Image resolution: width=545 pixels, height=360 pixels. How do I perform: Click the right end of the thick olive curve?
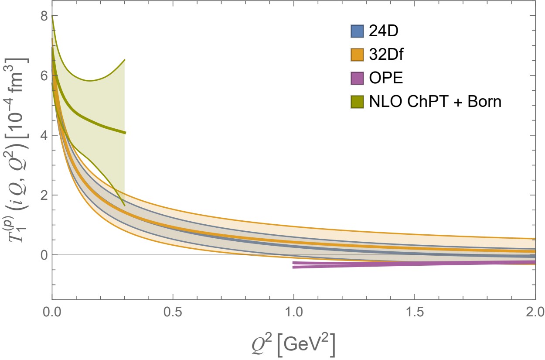(x=125, y=133)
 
